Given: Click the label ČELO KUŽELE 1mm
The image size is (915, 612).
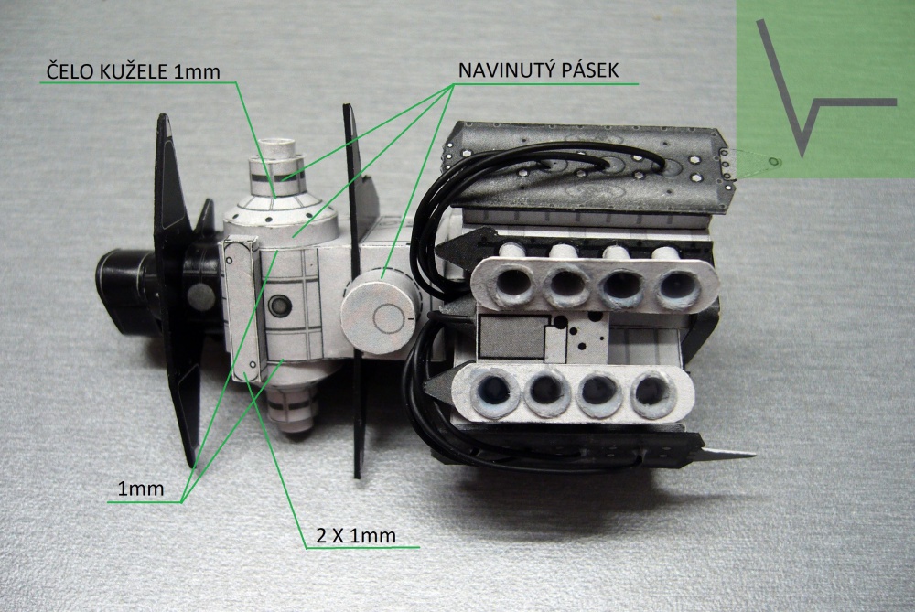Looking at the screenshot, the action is point(134,71).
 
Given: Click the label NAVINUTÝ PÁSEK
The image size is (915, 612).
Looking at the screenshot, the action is point(538,70).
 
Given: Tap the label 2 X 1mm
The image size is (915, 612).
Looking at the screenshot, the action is point(356,535).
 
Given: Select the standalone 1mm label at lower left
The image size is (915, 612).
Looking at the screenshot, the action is point(141,489).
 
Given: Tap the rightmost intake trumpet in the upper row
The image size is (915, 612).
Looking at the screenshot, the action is point(678,285).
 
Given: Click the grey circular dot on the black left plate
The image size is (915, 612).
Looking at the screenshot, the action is point(200,297).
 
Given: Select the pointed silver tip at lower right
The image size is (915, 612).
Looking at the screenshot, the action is point(726,454).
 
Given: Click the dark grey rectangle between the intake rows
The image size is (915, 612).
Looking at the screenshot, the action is point(511,338).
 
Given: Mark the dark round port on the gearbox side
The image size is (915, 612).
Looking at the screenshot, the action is point(279,305).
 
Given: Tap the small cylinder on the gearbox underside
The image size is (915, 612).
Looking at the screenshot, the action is point(294,409).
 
